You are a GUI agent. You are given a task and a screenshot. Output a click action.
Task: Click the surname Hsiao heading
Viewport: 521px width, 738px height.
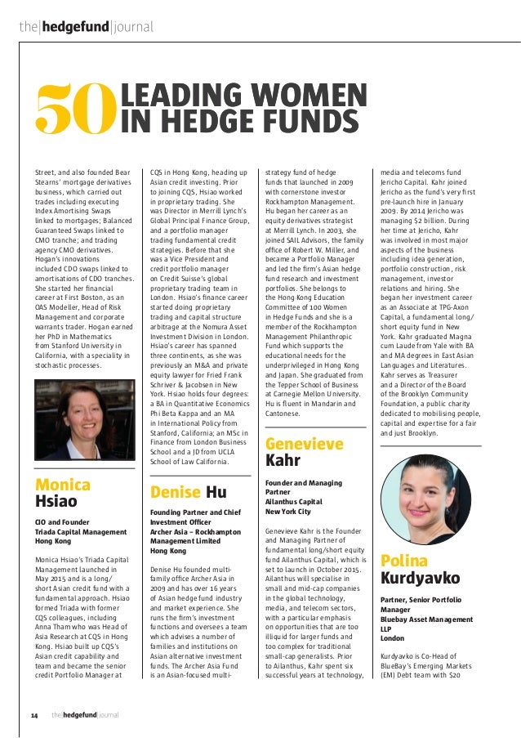tap(56, 500)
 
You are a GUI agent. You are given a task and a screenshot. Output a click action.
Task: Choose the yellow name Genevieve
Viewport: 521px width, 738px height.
tap(305, 444)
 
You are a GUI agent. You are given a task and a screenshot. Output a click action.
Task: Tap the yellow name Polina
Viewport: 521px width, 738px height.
tap(403, 560)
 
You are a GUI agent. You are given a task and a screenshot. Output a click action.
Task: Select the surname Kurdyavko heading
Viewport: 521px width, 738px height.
tap(421, 578)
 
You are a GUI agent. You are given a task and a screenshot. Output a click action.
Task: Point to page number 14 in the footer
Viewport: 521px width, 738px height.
tap(34, 715)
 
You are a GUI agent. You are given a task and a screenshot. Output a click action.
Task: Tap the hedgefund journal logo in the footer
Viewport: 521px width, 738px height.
tap(84, 715)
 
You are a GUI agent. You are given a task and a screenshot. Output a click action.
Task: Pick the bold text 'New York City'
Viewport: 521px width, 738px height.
tap(288, 511)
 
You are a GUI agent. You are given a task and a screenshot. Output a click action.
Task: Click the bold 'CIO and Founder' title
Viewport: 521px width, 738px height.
tap(62, 521)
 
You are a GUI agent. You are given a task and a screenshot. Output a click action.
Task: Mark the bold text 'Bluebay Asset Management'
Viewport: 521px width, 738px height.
tap(427, 619)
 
